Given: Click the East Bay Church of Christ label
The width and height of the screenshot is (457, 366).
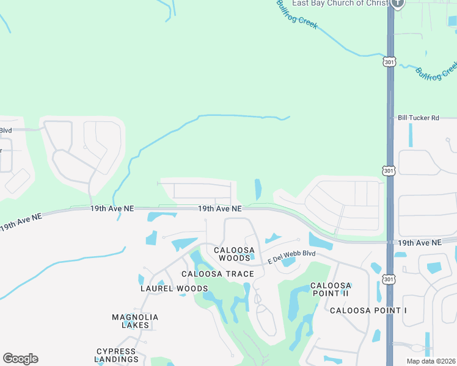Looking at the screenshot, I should point(340,3).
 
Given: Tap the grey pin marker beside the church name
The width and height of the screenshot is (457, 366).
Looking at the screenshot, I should point(398,3).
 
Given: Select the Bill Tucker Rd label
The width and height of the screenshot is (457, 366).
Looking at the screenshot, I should point(419,118).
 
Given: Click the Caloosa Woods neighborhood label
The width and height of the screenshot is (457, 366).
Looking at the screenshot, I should point(232,254).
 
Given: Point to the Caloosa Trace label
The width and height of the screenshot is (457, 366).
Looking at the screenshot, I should point(210,274).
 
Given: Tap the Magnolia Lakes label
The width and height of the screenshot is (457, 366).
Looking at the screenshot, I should point(135,321).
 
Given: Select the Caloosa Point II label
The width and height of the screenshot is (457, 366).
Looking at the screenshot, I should point(331,289).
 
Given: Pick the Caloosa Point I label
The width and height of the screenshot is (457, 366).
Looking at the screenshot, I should point(368,310).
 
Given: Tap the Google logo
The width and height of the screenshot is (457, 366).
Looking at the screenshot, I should point(20,359).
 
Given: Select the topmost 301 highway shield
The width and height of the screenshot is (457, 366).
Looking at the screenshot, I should point(390,62).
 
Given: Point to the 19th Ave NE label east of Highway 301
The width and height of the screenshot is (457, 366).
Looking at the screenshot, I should point(419,243).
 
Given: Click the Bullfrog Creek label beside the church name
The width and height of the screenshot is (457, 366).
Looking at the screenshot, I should point(297,15).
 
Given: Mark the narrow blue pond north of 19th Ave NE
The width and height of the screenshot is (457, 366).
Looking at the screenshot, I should point(258,189).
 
